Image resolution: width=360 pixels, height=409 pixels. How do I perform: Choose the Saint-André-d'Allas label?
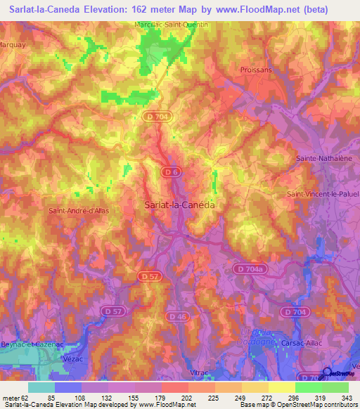tap(78, 210)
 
